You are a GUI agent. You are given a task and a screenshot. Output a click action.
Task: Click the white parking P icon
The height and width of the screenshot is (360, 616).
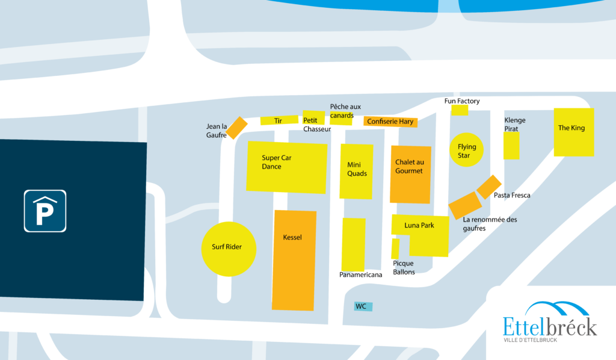click(x=45, y=211)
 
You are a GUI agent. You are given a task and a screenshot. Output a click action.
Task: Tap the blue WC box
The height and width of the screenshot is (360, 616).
click(x=363, y=306)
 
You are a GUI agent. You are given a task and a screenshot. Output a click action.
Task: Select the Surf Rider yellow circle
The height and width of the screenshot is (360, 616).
click(x=229, y=249)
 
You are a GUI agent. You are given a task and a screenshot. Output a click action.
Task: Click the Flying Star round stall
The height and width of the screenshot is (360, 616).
click(x=466, y=150)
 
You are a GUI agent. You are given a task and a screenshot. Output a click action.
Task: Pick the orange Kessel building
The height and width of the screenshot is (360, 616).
click(x=294, y=260)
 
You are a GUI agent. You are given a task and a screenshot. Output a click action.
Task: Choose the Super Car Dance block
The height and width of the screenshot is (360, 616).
click(x=287, y=167)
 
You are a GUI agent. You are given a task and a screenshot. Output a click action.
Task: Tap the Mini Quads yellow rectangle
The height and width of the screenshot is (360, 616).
click(x=356, y=172)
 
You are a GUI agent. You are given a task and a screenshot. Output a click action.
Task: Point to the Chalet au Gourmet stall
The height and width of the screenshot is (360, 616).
click(x=410, y=175)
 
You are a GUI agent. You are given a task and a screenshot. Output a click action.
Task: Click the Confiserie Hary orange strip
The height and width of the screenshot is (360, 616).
click(x=390, y=122)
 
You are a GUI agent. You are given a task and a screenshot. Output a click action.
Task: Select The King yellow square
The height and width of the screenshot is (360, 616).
click(x=574, y=132)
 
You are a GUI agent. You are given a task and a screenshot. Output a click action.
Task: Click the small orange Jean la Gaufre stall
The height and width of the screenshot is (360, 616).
click(x=237, y=128)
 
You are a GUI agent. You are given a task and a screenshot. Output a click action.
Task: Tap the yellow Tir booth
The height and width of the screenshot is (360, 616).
click(x=279, y=120)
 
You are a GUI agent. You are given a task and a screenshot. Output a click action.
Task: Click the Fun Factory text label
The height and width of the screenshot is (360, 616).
click(x=462, y=101)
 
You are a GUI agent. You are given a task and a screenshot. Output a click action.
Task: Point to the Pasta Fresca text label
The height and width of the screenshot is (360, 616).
click(x=512, y=195)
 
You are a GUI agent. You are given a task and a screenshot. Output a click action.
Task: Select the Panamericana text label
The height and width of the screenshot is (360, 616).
click(x=361, y=275)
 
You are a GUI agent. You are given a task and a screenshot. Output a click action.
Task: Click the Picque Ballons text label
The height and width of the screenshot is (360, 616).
click(x=404, y=268)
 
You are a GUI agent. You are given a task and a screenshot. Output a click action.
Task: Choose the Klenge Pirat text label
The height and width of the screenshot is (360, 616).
click(x=515, y=124)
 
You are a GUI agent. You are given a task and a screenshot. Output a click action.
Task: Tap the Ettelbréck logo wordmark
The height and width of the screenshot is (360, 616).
click(x=550, y=327)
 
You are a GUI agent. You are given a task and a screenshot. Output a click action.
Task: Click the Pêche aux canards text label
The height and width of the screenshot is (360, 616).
click(x=345, y=111)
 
